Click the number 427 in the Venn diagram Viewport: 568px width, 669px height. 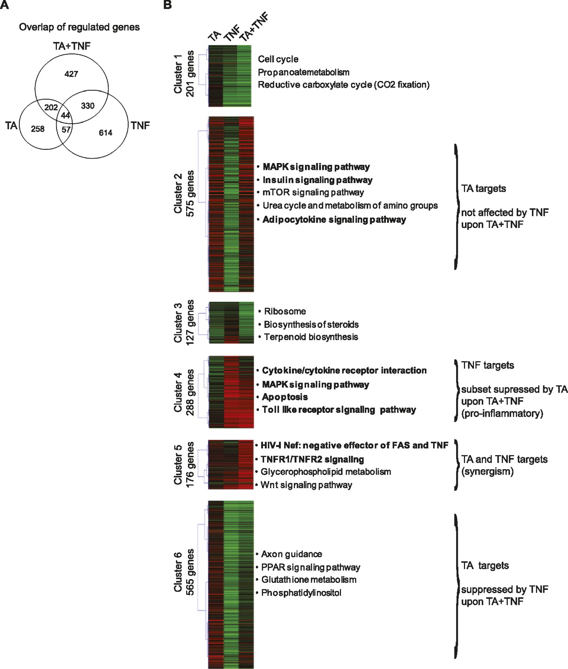tap(71, 74)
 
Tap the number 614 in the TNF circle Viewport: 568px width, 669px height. tap(106, 133)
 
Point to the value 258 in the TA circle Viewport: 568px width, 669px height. tap(38, 129)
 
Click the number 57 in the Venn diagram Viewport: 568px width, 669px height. tap(65, 129)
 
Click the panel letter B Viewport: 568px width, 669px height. tap(167, 5)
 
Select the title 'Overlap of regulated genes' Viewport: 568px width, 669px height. tap(79, 27)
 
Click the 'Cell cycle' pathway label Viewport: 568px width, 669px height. tap(278, 60)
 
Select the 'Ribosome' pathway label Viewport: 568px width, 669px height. tap(285, 312)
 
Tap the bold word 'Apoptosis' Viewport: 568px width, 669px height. tap(285, 397)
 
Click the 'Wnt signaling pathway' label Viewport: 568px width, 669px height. tap(306, 485)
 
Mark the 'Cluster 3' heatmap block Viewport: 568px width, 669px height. tap(231, 322)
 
